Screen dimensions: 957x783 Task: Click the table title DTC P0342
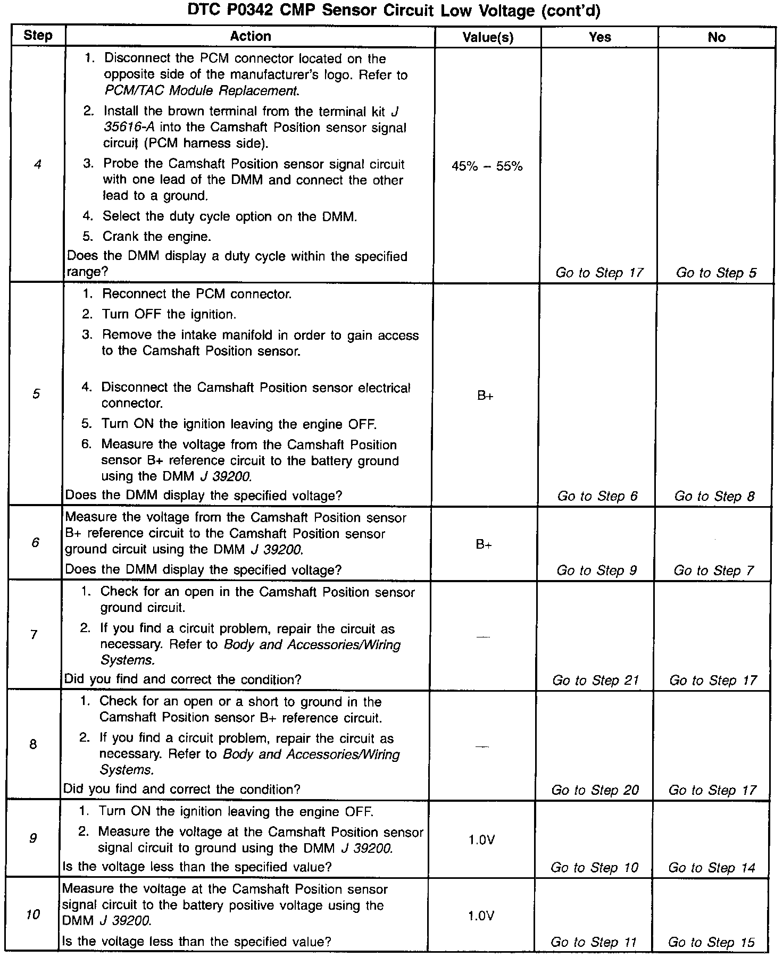[394, 11]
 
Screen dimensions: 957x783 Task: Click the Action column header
[250, 37]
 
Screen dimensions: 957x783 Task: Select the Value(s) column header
[488, 37]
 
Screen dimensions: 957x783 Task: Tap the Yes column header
[599, 37]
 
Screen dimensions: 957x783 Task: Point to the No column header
[717, 37]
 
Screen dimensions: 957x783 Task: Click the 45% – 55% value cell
[487, 166]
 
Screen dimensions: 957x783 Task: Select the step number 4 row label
[37, 165]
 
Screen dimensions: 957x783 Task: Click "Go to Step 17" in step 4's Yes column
[599, 273]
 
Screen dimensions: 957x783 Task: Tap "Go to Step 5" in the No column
[716, 273]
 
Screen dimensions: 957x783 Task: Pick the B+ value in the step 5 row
[485, 396]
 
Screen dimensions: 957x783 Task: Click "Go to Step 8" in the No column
[714, 497]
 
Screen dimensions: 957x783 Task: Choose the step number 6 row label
[35, 543]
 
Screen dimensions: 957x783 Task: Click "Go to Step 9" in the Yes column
[596, 571]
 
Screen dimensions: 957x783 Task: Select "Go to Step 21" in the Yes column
[595, 681]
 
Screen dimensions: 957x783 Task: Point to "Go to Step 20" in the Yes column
[595, 790]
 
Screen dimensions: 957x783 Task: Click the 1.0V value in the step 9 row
[481, 840]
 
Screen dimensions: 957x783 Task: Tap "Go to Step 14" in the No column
[712, 868]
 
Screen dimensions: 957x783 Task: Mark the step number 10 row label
[33, 915]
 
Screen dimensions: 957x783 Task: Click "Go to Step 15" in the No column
[711, 943]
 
